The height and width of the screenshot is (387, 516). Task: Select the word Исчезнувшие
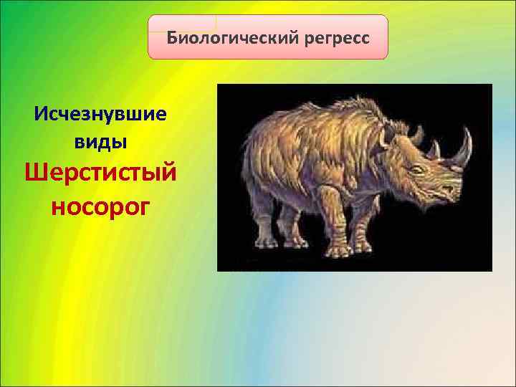[x=100, y=114]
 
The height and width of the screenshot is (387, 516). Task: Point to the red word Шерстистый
[x=100, y=173]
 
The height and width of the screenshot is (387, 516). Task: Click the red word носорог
[x=100, y=206]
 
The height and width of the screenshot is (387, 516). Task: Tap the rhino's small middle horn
[x=434, y=150]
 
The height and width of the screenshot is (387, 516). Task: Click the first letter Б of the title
[x=172, y=37]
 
